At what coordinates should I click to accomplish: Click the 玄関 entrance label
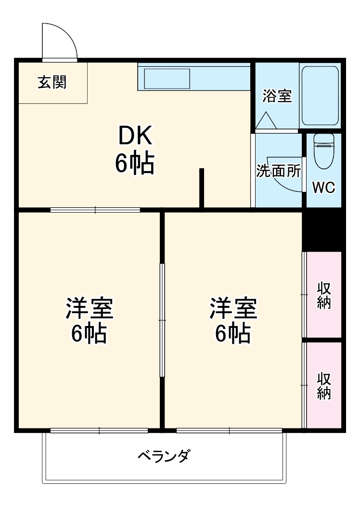point(52,83)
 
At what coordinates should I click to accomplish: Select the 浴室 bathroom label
point(277,96)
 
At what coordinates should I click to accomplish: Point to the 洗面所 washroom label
point(278,171)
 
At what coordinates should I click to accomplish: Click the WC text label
point(323,187)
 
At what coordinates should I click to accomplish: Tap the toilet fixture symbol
point(323,151)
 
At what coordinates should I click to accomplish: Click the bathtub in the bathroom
point(320,96)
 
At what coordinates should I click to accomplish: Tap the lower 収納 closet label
point(324,386)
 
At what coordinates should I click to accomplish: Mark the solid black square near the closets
point(322,230)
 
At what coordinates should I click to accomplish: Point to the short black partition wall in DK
point(202,189)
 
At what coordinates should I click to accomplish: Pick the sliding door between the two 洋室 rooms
point(162,320)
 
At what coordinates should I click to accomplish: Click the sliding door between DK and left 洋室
point(95,210)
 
